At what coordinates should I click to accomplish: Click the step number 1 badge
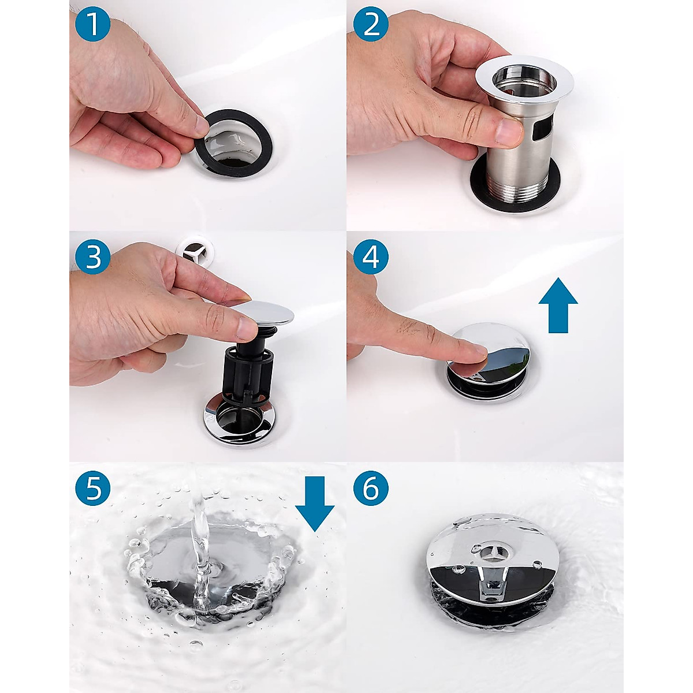[x=93, y=24]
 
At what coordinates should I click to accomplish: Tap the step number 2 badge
[x=371, y=24]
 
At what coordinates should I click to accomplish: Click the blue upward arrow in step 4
[x=558, y=304]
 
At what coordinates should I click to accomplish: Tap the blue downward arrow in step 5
[x=315, y=504]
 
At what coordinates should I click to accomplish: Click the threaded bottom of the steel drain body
[x=516, y=187]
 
